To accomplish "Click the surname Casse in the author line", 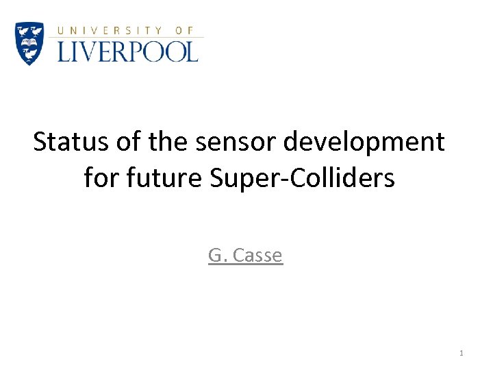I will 257,256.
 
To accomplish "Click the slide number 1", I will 462,353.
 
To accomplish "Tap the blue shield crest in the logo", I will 29,43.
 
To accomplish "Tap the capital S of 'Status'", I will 40,143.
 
